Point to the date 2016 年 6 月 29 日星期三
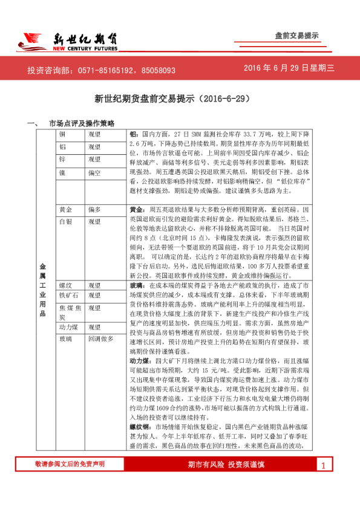click(x=289, y=69)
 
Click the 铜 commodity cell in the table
click(x=62, y=134)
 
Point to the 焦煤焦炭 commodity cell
click(x=70, y=311)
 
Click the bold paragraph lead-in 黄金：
click(x=137, y=209)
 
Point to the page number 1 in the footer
click(x=324, y=482)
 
